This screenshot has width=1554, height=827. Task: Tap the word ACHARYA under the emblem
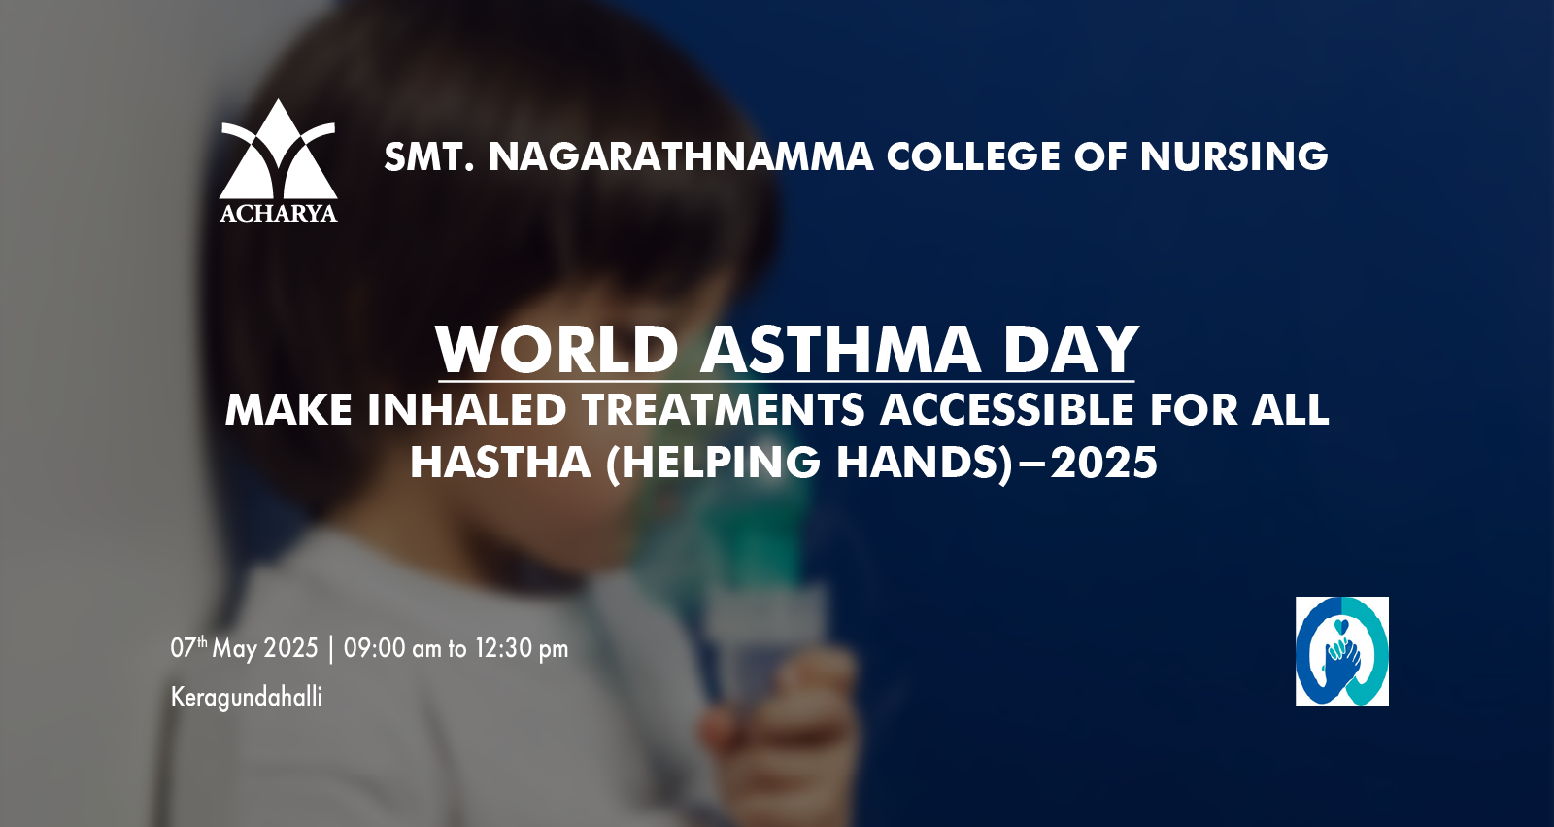coord(278,213)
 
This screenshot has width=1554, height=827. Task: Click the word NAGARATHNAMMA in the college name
coord(681,156)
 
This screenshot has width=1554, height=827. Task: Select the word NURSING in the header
coord(1233,156)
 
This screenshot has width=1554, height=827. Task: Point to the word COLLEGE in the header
coord(973,156)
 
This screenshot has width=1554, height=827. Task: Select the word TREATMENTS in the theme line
coord(724,410)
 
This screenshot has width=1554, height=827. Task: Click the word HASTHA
coord(500,463)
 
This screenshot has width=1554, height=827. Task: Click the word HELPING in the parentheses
coord(721,463)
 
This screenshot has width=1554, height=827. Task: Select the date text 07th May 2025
coord(244,648)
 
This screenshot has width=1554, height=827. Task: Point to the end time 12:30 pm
coord(522,648)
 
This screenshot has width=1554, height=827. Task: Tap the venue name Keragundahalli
coord(247,697)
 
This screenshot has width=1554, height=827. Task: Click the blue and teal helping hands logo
coord(1341,651)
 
